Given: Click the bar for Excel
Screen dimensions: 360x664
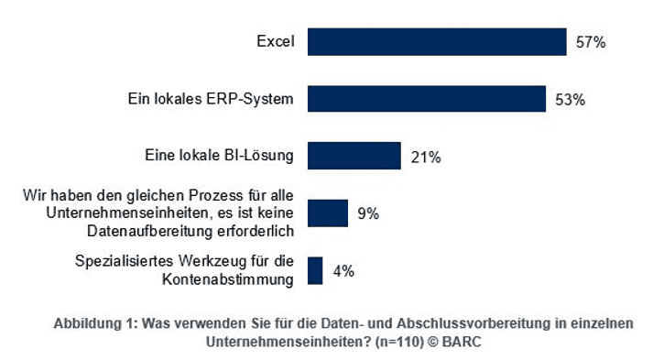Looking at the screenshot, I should [x=437, y=42].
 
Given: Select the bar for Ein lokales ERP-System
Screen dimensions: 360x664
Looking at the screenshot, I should [x=427, y=99].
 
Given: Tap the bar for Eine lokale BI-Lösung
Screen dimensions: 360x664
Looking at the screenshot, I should [x=354, y=156].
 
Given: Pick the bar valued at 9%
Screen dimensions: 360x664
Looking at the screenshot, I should [x=328, y=213].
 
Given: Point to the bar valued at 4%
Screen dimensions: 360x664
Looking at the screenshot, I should [x=315, y=270].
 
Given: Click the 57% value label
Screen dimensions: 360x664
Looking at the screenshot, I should [x=591, y=42].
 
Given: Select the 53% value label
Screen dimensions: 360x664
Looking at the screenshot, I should [x=570, y=100].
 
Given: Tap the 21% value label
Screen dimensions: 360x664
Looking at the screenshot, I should [x=426, y=157].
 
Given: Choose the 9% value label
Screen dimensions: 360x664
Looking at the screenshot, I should [x=367, y=214].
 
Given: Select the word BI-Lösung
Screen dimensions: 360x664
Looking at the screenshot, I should [x=262, y=156].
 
